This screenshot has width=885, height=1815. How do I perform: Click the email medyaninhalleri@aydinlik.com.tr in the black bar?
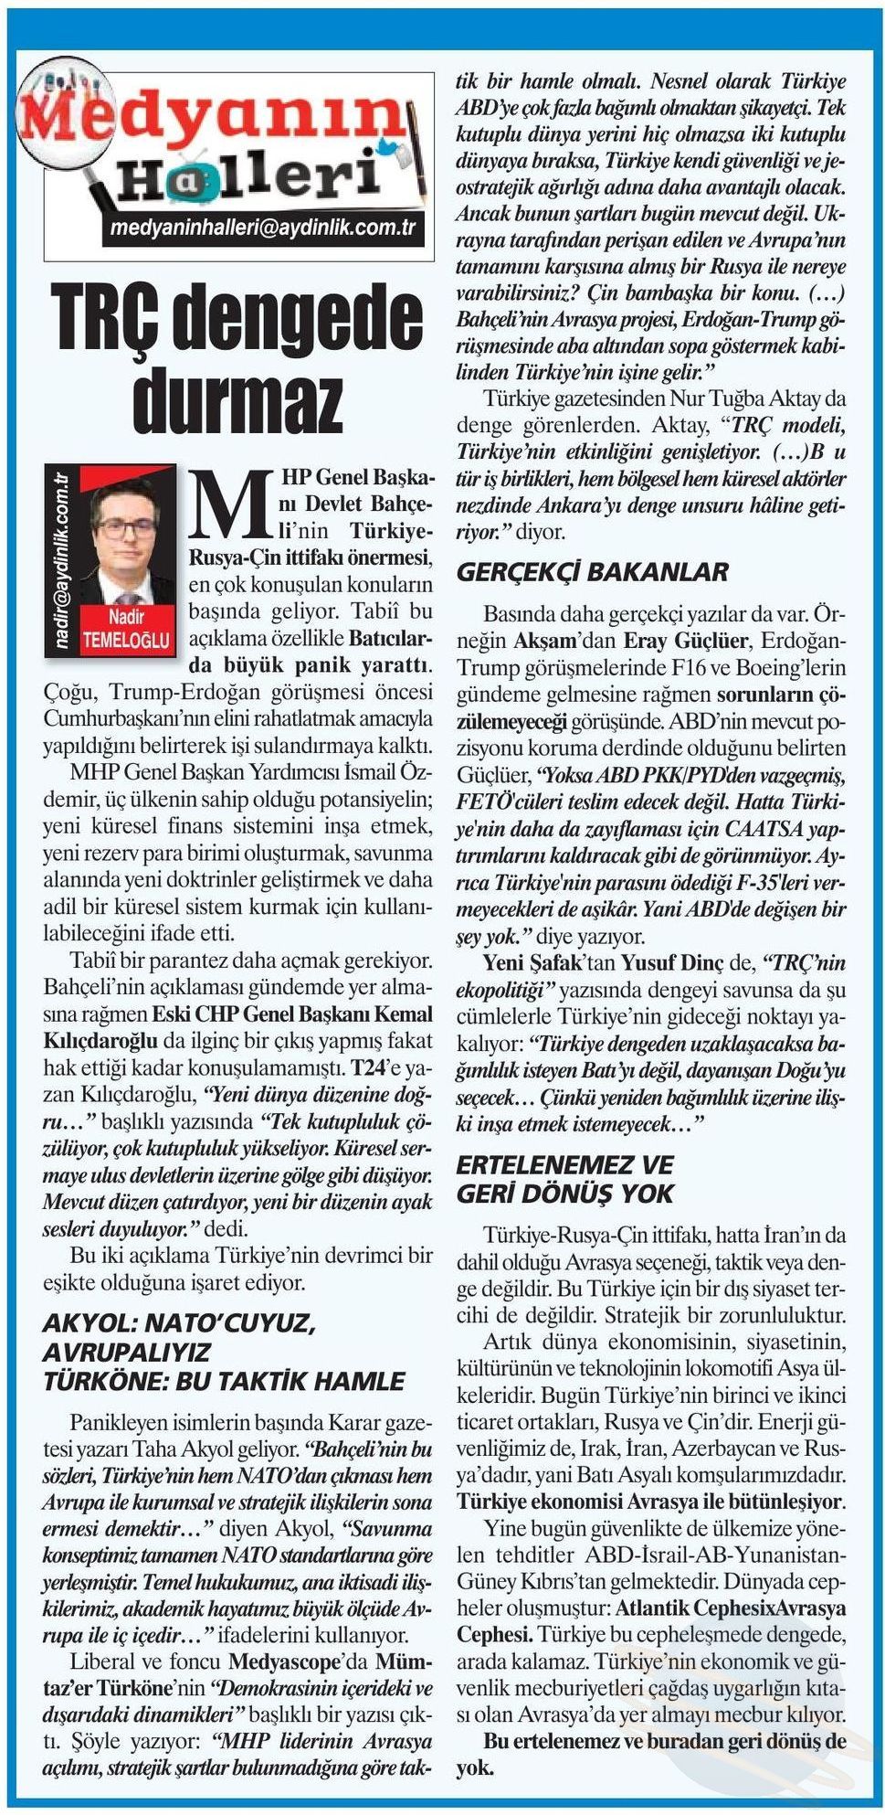tap(262, 228)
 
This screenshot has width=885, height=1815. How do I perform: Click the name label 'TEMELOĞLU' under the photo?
tap(125, 640)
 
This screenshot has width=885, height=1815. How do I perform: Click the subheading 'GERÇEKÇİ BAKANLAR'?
tap(592, 572)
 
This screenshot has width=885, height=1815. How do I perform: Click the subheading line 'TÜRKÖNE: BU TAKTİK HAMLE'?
tap(224, 1381)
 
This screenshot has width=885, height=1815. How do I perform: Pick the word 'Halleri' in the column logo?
tap(247, 178)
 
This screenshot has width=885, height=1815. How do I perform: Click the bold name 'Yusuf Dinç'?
tap(663, 962)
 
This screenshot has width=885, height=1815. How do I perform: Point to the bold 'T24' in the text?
tap(374, 1067)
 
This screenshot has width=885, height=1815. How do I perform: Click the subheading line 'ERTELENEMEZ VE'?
tap(564, 1165)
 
